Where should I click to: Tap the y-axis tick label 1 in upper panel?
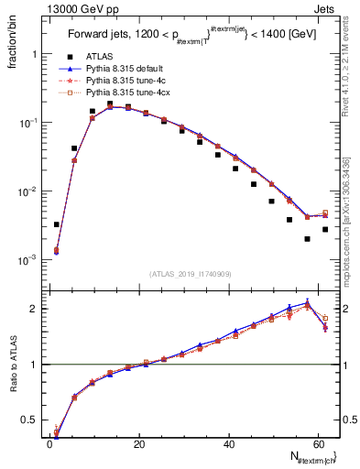point(32,54)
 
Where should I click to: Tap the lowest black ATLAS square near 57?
point(307,239)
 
